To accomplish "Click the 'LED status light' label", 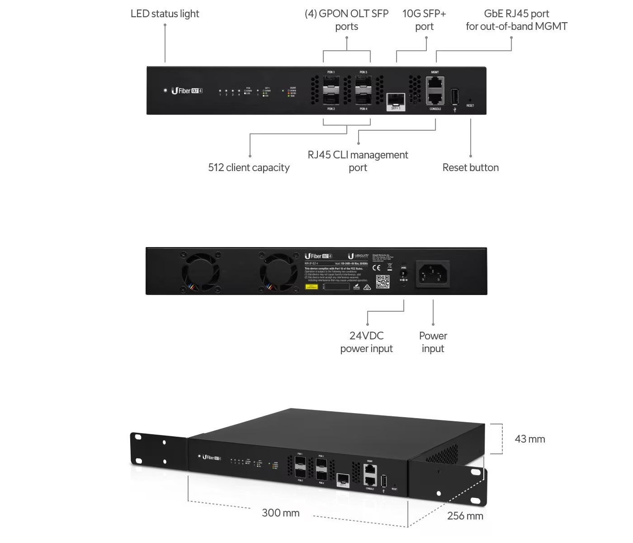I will click(165, 14).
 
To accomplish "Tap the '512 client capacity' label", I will click(249, 168).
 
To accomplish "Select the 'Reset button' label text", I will click(470, 168).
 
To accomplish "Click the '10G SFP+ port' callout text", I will click(424, 20).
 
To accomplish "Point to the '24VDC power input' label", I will click(366, 342).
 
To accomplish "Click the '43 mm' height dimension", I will click(529, 439).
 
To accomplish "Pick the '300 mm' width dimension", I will click(280, 513).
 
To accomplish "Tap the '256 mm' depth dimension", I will click(465, 516).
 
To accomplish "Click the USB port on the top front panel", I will click(455, 96).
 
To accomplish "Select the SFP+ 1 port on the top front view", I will click(396, 99).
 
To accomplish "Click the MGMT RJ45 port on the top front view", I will click(435, 83).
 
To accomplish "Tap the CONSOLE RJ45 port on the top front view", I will click(435, 98).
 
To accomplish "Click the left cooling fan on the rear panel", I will click(201, 271).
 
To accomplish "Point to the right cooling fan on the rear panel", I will click(278, 271).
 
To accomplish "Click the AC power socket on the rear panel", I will click(433, 274).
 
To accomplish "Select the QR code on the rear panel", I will click(383, 281).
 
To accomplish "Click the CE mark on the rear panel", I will click(376, 267).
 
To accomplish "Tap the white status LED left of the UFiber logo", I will click(165, 90).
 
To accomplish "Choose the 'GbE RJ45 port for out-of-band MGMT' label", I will click(516, 20).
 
